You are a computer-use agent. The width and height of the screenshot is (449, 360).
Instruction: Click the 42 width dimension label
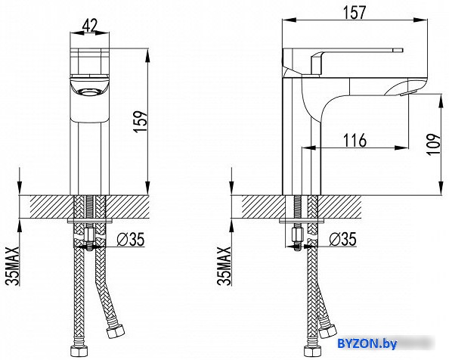(90, 25)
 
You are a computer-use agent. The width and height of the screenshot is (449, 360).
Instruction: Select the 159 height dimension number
(141, 122)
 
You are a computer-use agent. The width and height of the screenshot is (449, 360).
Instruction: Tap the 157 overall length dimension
(355, 12)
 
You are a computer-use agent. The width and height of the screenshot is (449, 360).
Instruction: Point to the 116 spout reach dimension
(355, 141)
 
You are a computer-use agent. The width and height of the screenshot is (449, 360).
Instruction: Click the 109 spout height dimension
(434, 144)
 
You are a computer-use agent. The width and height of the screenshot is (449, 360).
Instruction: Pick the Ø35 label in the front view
(130, 239)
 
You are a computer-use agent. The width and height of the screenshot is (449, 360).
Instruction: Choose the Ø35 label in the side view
(342, 239)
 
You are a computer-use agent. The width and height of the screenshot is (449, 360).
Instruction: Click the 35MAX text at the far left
(13, 265)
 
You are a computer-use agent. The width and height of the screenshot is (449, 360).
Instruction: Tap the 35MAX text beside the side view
(224, 265)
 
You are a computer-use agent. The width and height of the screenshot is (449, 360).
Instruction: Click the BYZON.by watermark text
(367, 343)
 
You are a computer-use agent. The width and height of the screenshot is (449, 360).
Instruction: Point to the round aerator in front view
(89, 92)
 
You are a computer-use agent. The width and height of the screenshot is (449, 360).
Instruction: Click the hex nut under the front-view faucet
(90, 234)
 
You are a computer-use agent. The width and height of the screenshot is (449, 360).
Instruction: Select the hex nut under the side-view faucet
(298, 234)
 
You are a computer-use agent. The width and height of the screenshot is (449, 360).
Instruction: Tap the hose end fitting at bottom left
(78, 349)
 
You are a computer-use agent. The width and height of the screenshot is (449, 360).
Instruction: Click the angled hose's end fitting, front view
(116, 331)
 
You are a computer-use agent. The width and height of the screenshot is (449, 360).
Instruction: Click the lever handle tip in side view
(401, 50)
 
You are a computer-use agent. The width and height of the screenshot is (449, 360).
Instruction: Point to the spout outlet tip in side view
(405, 93)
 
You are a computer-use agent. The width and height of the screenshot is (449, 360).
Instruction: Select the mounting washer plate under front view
(90, 221)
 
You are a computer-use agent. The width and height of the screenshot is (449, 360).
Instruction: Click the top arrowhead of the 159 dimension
(147, 55)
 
